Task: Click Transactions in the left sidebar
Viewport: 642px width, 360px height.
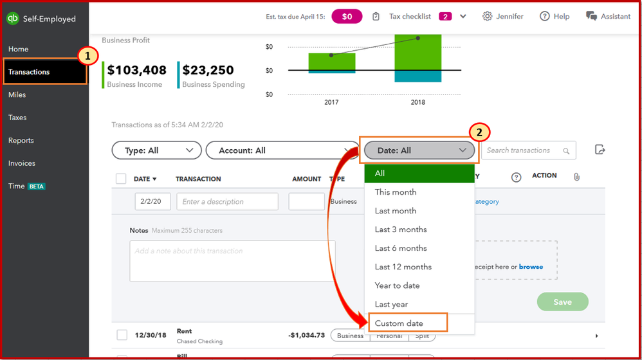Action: [30, 72]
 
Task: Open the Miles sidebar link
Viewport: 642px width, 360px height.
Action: [17, 95]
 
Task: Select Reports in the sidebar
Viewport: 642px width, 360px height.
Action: [21, 141]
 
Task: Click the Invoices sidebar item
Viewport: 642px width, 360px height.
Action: [22, 163]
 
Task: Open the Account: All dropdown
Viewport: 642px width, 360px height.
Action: [280, 150]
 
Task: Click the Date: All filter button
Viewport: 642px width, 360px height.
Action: [419, 150]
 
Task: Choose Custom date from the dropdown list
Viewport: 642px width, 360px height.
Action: [399, 323]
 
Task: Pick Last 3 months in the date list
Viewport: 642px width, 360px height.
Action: [401, 230]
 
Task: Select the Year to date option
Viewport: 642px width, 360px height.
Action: [398, 285]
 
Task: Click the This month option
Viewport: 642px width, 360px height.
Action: [396, 192]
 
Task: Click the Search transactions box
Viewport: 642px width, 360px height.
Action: [522, 150]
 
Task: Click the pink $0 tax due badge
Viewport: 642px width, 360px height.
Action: [347, 16]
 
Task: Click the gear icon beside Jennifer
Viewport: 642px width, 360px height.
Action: [487, 16]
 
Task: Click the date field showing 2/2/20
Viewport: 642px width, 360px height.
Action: [152, 201]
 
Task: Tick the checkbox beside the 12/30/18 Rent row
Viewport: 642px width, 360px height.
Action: [122, 335]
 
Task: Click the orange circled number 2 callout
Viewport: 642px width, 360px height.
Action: [479, 133]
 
